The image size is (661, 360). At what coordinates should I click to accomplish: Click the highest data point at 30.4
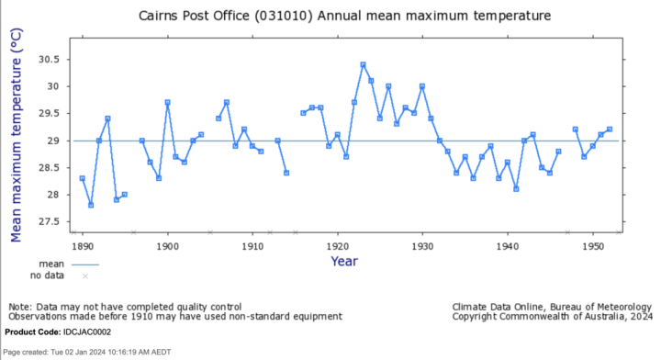(x=363, y=64)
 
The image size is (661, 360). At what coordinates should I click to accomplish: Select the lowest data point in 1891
(x=91, y=206)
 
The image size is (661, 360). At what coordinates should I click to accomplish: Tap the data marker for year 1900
(x=167, y=103)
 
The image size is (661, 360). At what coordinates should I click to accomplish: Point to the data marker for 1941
(x=516, y=189)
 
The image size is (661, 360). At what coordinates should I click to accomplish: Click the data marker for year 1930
(x=422, y=86)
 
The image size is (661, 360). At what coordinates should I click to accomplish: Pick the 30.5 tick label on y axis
(x=49, y=60)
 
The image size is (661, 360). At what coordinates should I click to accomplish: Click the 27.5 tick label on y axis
(x=49, y=221)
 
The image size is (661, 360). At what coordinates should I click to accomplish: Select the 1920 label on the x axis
(x=338, y=246)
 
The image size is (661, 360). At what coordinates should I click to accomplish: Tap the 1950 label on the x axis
(x=593, y=246)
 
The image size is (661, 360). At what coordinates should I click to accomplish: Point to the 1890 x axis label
(x=83, y=246)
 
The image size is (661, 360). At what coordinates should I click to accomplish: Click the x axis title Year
(x=344, y=262)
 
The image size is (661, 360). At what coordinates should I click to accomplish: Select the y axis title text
(x=16, y=135)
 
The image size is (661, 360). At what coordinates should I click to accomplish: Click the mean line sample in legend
(x=85, y=264)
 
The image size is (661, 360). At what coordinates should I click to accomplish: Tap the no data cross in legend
(x=85, y=276)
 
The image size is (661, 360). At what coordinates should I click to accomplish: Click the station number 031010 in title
(x=284, y=16)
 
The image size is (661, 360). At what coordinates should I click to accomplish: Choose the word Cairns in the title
(x=159, y=16)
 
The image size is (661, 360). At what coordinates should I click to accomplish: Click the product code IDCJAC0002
(x=87, y=332)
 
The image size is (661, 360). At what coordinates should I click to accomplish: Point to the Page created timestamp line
(x=87, y=352)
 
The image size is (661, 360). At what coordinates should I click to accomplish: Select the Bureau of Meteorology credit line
(x=552, y=307)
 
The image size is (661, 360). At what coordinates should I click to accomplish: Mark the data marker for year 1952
(x=610, y=129)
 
